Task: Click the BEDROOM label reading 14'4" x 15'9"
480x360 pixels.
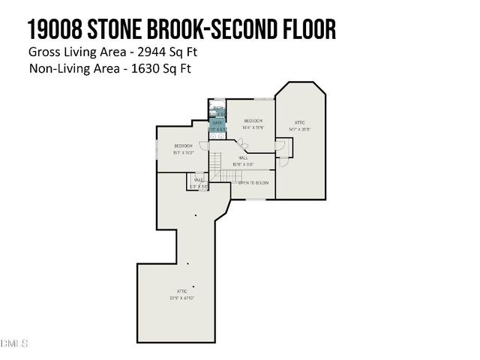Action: [x=253, y=121]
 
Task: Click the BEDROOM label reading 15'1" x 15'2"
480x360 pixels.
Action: [x=184, y=145]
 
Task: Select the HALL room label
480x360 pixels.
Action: [x=243, y=157]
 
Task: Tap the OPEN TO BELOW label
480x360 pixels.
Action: [x=253, y=183]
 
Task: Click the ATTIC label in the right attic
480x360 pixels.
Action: [x=300, y=122]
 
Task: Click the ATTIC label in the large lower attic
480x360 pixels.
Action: [x=181, y=291]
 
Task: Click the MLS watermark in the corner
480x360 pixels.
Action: [x=14, y=343]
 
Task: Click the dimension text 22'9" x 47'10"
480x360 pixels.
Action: [x=181, y=298]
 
